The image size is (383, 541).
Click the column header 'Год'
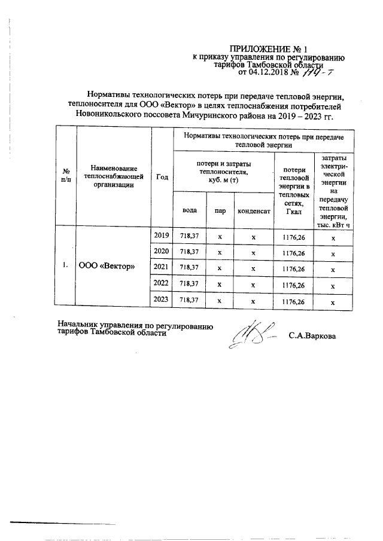[x=162, y=176]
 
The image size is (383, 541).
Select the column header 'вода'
[x=189, y=210]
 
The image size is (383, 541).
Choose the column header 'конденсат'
[x=254, y=210]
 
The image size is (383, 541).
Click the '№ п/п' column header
[x=66, y=176]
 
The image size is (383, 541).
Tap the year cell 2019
[x=162, y=236]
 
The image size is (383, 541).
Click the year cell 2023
[x=162, y=301]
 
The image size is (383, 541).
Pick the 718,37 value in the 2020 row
[x=189, y=252]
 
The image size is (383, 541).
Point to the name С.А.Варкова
[x=312, y=336]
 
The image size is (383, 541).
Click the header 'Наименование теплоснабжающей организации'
[x=114, y=176]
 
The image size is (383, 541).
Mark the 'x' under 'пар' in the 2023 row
[x=220, y=302]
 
